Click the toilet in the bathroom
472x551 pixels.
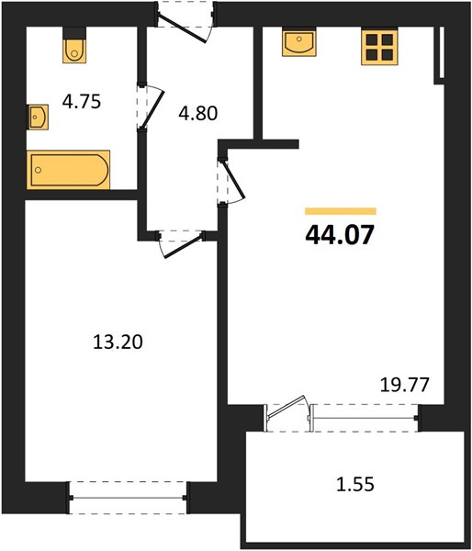point(74,51)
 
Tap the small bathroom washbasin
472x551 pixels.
point(38,117)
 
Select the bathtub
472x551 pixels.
point(68,170)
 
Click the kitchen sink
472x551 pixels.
point(298,43)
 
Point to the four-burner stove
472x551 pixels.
point(379,48)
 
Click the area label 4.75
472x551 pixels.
point(82,102)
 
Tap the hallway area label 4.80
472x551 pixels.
point(197,113)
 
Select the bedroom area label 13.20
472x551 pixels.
point(118,342)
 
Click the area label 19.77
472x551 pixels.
point(405,385)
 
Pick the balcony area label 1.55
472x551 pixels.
point(355,485)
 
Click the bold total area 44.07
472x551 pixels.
point(340,235)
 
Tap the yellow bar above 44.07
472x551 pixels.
point(341,211)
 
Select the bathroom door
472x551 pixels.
point(152,107)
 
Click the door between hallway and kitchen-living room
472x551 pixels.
point(231,180)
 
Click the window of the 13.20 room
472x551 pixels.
point(128,498)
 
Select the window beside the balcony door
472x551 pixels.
point(364,418)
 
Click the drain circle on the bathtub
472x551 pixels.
point(38,170)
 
